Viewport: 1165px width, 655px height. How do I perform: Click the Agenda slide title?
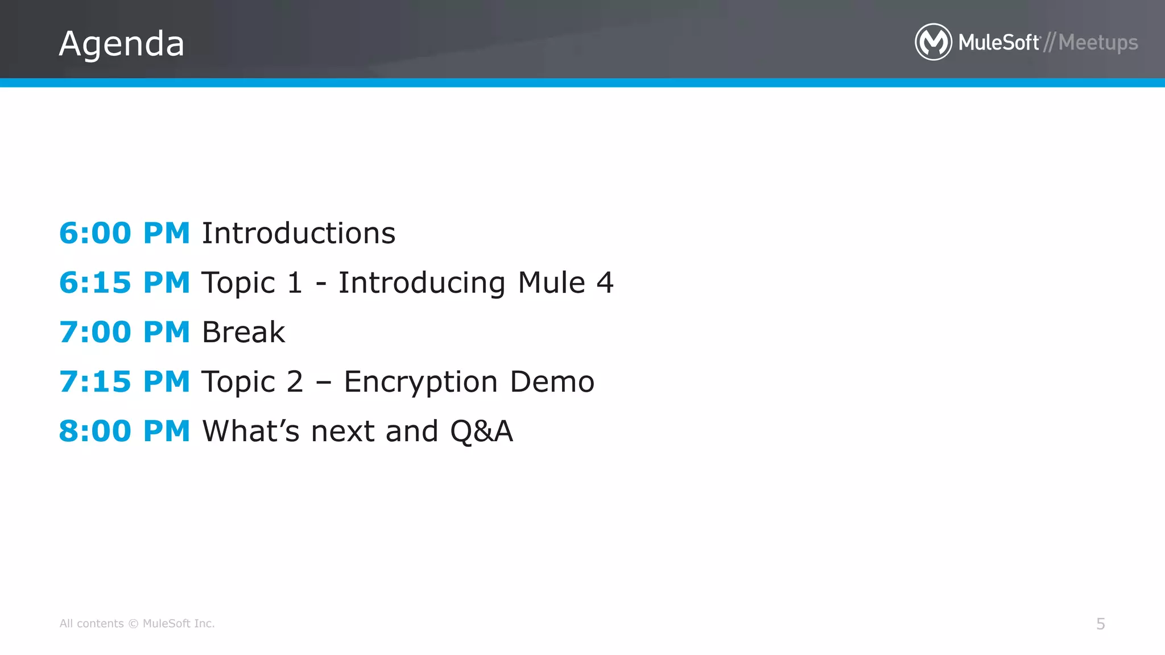(x=122, y=44)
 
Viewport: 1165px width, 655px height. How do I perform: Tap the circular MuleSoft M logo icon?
(x=933, y=42)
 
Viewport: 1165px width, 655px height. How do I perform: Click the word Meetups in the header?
(x=1098, y=43)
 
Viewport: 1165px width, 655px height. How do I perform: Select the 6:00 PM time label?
(x=125, y=233)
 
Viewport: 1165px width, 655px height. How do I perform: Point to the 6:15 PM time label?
(x=125, y=283)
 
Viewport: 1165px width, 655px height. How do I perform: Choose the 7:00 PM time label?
(x=125, y=332)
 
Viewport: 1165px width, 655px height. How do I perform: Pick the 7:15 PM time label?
(x=125, y=382)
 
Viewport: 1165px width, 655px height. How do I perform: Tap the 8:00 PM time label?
(x=125, y=431)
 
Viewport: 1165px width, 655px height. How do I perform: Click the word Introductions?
(x=299, y=233)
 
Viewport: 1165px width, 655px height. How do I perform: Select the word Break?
(x=243, y=332)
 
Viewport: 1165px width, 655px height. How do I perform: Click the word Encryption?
(x=421, y=382)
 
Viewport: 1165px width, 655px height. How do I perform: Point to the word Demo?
(x=552, y=382)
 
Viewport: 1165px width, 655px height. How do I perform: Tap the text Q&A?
(x=481, y=431)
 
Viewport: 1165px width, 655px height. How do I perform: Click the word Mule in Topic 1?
(x=551, y=283)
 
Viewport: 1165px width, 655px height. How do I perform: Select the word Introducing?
(x=422, y=283)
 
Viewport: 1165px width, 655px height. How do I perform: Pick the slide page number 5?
(x=1100, y=624)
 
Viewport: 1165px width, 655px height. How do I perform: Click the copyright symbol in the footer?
(x=133, y=624)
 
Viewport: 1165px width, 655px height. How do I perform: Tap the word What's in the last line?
(x=251, y=431)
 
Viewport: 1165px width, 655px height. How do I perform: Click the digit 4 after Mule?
(x=605, y=283)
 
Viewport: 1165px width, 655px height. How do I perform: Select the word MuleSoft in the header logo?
(x=999, y=43)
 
